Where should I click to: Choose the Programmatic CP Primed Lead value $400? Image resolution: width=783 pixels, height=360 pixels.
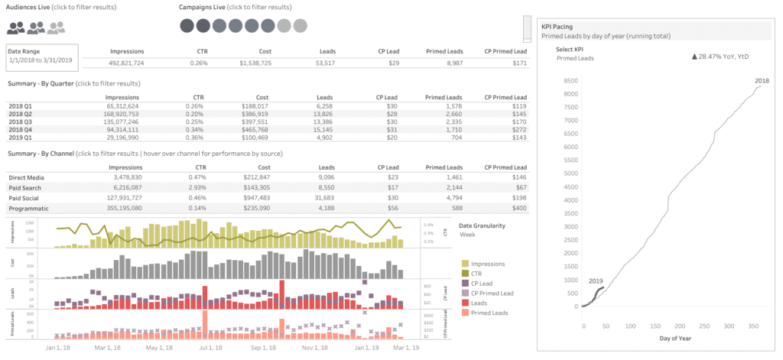click(x=519, y=208)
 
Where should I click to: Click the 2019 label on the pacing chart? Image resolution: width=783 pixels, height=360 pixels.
click(x=596, y=281)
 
